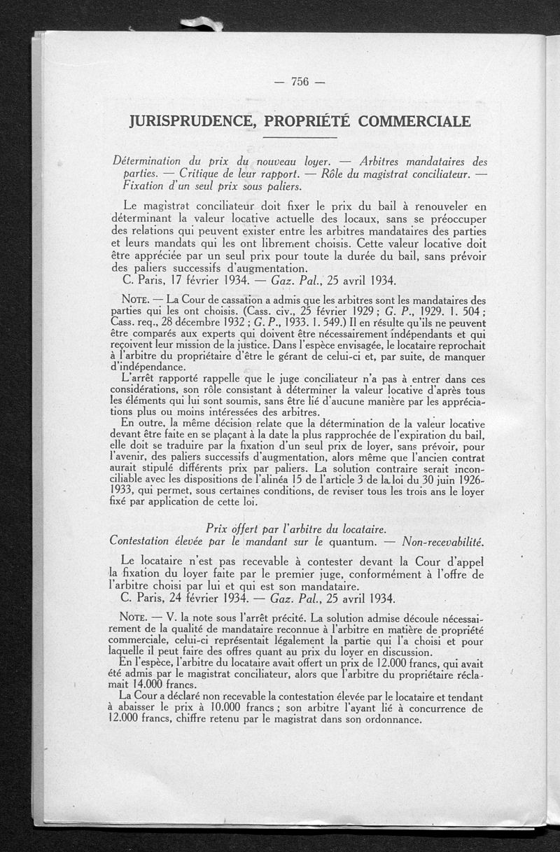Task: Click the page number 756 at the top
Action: click(300, 81)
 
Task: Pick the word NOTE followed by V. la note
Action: click(133, 619)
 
